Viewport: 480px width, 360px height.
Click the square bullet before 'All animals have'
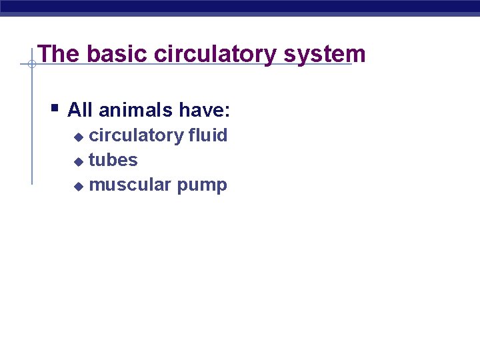click(55, 107)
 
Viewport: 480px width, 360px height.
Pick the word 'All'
click(81, 109)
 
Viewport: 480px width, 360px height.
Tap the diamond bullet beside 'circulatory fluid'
click(78, 137)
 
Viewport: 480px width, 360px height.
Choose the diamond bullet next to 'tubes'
click(78, 161)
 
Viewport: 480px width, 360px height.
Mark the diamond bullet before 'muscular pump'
click(78, 186)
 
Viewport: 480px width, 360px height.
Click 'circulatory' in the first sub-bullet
click(136, 135)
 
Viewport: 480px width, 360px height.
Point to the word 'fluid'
click(208, 135)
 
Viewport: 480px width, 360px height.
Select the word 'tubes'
click(113, 160)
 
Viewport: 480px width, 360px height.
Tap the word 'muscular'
click(130, 185)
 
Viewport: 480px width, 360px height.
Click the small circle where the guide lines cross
click(31, 65)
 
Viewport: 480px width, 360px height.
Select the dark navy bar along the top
click(240, 6)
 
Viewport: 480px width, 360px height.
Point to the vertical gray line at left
click(31, 127)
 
